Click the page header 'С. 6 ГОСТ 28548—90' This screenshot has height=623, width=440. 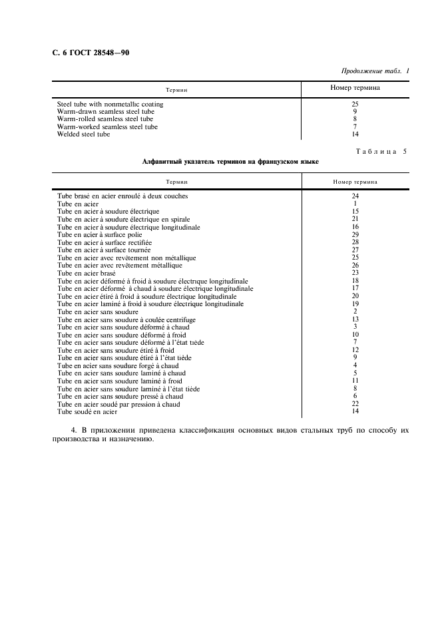(91, 53)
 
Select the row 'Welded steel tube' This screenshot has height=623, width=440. (83, 134)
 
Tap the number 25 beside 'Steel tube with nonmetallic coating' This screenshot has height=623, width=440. (355, 104)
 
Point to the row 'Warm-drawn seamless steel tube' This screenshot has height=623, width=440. (106, 112)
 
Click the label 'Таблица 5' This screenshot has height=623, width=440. (381, 152)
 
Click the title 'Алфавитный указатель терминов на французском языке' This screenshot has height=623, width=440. (230, 162)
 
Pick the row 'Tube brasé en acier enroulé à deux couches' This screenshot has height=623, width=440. (122, 196)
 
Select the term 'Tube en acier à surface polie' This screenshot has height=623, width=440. (99, 235)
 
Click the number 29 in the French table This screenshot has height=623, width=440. (355, 235)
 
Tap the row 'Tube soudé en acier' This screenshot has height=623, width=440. (87, 412)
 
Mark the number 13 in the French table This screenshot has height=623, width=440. (355, 319)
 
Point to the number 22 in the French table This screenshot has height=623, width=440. (355, 404)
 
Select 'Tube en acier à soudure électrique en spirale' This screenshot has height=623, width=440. (122, 219)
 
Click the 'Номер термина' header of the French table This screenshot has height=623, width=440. (355, 181)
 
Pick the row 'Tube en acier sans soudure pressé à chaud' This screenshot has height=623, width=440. (120, 396)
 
